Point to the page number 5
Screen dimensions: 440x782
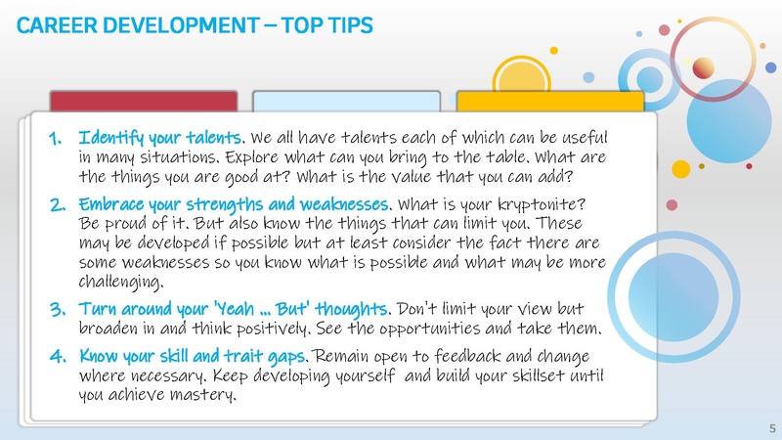772,427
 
